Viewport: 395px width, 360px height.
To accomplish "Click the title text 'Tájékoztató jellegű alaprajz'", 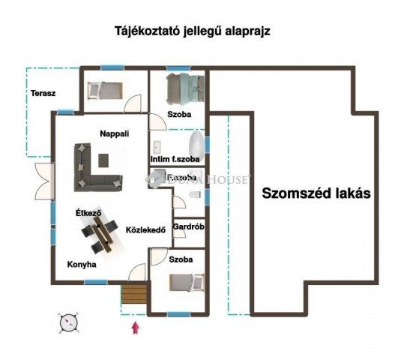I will pyautogui.click(x=192, y=32).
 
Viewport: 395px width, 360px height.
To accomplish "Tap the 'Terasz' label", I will pyautogui.click(x=42, y=94).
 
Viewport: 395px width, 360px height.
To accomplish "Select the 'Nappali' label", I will pyautogui.click(x=115, y=133).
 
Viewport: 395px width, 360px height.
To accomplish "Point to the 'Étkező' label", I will pyautogui.click(x=88, y=213).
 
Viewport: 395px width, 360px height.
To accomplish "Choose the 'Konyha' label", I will pyautogui.click(x=82, y=264).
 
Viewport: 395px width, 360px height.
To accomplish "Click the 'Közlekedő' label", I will pyautogui.click(x=145, y=229).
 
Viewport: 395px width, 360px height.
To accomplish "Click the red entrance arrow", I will pyautogui.click(x=135, y=326).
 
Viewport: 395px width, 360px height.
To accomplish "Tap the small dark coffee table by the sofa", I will pyautogui.click(x=103, y=160).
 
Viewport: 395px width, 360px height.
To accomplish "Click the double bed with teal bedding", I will pyautogui.click(x=179, y=91).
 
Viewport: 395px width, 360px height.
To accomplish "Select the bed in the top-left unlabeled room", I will pyautogui.click(x=104, y=90).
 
